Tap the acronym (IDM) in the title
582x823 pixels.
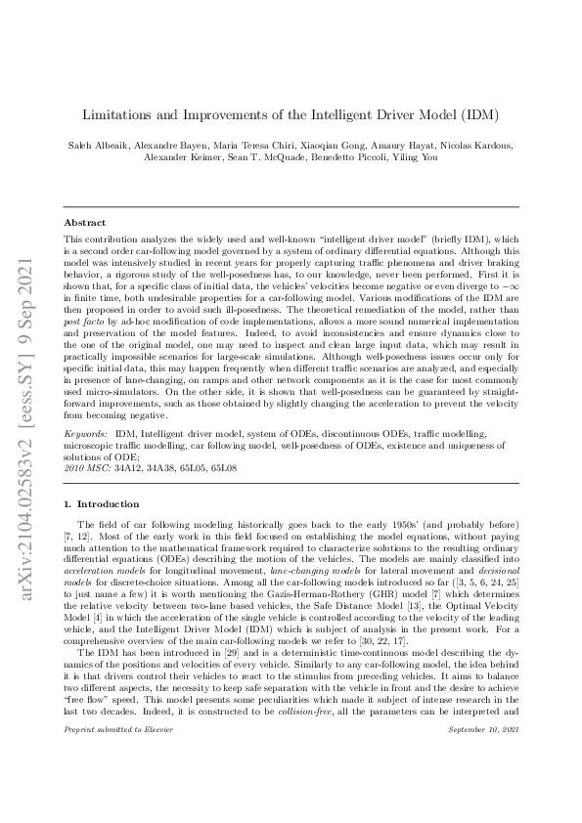(x=478, y=115)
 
